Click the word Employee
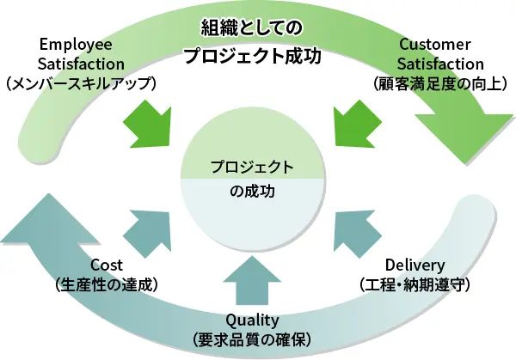tap(76, 45)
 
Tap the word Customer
tap(435, 45)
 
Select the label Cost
tap(107, 265)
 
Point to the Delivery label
tap(415, 265)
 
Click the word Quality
tap(252, 320)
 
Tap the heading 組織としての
tap(251, 28)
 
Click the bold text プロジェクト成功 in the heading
tap(252, 56)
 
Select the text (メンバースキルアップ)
tap(81, 83)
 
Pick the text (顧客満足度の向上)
tap(440, 83)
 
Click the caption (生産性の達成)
tap(107, 284)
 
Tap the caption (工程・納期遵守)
tap(415, 284)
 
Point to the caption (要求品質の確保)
tap(252, 340)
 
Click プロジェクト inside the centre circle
tap(252, 167)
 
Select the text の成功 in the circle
tap(252, 191)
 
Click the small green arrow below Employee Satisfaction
tap(150, 125)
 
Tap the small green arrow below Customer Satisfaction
tap(355, 125)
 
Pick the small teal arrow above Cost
tap(150, 233)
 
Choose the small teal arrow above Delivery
tap(355, 233)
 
